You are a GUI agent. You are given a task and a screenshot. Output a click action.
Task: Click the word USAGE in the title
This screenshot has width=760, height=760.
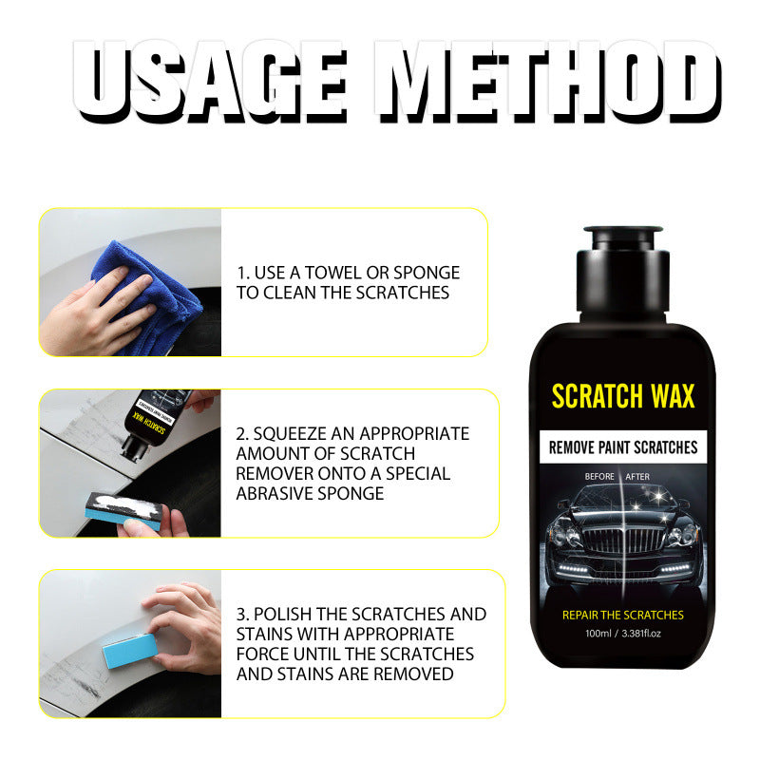tap(210, 81)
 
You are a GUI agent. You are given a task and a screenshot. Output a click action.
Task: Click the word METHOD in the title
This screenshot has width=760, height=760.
tap(548, 81)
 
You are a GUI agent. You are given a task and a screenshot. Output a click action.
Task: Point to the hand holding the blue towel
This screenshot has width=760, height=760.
tap(97, 313)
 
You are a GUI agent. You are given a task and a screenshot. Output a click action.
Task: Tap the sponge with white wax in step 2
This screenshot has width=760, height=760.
tap(125, 510)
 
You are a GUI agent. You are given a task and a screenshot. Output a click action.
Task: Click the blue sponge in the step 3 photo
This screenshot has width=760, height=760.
tap(129, 651)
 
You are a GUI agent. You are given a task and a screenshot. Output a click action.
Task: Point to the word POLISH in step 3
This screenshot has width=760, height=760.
tap(282, 614)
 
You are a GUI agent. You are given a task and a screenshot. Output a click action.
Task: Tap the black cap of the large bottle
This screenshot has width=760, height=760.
tap(623, 274)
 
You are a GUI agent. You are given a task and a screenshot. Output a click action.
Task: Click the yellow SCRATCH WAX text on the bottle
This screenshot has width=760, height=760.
tap(623, 396)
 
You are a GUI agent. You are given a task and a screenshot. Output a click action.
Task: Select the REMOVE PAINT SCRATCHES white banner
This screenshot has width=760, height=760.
tap(623, 446)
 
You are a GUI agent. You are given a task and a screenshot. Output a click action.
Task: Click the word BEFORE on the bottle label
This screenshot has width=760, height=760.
tap(599, 477)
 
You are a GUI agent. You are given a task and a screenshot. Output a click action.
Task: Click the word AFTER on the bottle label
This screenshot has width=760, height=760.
tap(637, 477)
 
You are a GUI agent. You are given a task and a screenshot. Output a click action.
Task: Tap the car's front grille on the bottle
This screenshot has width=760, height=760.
tap(623, 540)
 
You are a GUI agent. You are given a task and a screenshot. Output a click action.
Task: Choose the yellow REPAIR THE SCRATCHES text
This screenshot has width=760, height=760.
tap(623, 615)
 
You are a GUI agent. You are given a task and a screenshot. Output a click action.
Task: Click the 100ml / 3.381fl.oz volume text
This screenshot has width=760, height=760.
tap(623, 634)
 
